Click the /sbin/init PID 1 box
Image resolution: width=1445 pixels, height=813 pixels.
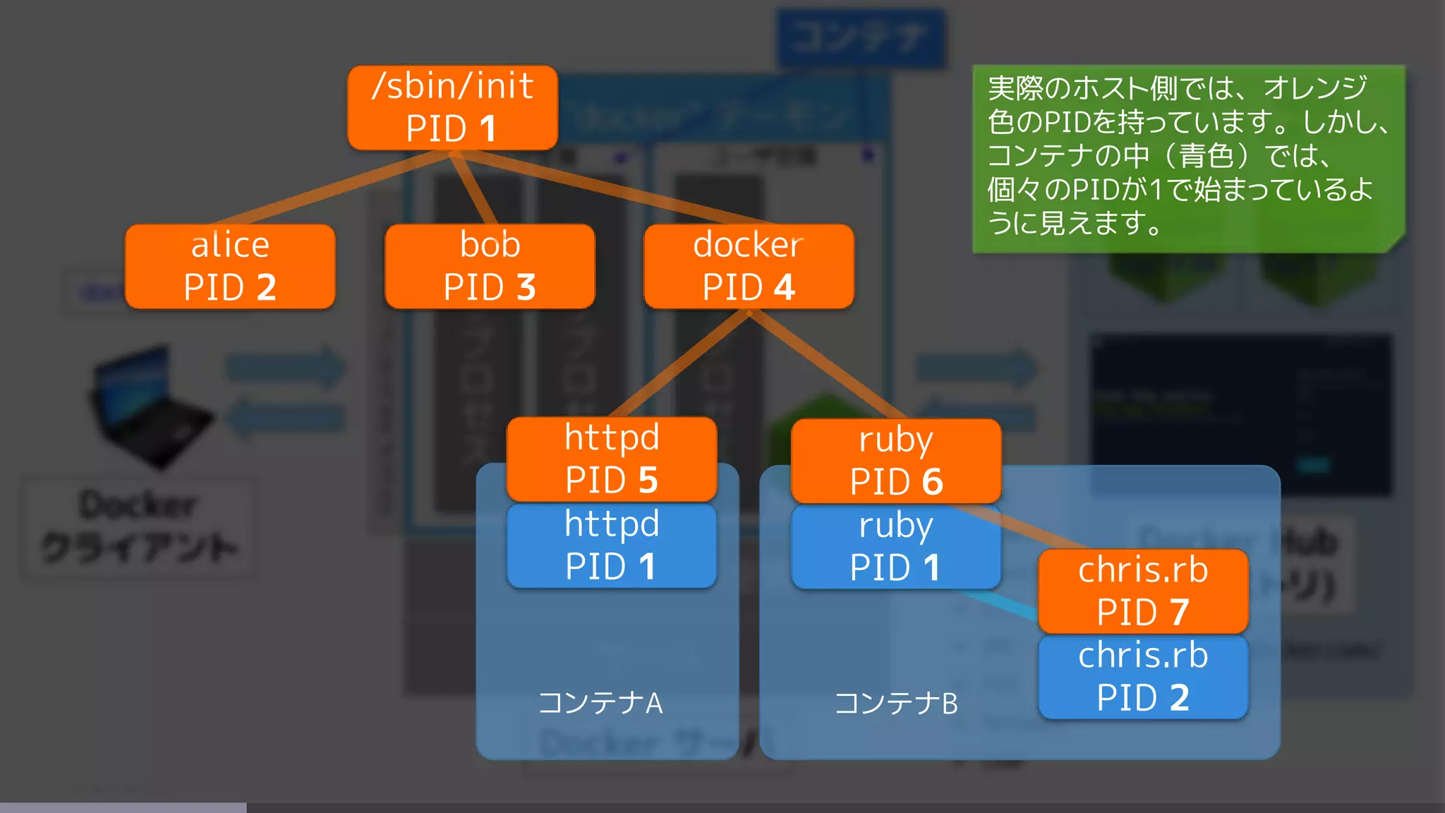(x=452, y=107)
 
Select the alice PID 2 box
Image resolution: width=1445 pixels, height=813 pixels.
(x=230, y=266)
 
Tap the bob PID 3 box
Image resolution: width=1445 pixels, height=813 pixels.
(x=490, y=266)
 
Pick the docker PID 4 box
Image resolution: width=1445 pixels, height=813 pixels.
(x=749, y=266)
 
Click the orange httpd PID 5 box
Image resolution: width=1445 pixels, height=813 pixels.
(x=612, y=459)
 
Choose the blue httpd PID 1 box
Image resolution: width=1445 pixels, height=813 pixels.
(x=612, y=546)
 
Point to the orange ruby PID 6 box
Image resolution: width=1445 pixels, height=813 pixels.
(x=896, y=461)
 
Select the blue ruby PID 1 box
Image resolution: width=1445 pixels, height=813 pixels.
(x=896, y=547)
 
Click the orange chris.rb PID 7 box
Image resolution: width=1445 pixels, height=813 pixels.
(x=1143, y=591)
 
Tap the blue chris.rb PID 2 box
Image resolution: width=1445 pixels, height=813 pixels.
(x=1143, y=677)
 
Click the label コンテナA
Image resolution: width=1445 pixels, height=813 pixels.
(x=600, y=703)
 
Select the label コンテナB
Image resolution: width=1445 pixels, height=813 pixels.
(x=896, y=703)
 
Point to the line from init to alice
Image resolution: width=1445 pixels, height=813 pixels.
(x=332, y=188)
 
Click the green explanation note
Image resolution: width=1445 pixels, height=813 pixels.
(x=1188, y=158)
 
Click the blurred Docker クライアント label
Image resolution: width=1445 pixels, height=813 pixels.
(x=138, y=526)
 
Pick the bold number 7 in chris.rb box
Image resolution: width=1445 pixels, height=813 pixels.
(x=1178, y=612)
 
